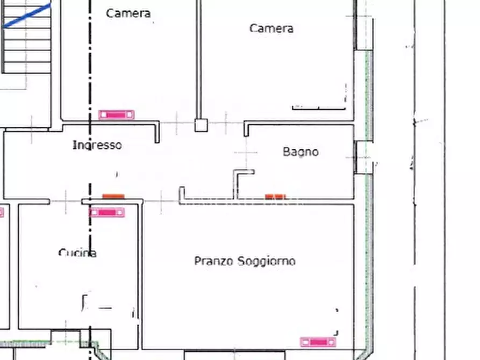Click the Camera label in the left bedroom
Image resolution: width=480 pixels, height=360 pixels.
tap(128, 13)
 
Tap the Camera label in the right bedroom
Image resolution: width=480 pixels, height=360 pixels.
tap(271, 28)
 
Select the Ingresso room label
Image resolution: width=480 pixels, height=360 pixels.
tap(97, 145)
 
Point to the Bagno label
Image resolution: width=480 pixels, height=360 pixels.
tap(300, 152)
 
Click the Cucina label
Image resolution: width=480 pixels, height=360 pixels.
tap(77, 253)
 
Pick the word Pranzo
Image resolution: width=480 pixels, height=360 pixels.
tap(214, 261)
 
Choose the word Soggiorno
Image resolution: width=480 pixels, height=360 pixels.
tap(267, 261)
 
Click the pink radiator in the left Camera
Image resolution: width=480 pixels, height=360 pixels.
tap(116, 114)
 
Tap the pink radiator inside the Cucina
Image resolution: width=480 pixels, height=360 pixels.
tap(107, 212)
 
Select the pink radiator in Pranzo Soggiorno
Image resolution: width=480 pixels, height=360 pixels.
tap(318, 342)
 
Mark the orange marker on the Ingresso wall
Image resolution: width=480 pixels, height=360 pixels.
tap(113, 196)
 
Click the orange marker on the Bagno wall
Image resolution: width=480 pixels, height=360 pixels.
tap(275, 197)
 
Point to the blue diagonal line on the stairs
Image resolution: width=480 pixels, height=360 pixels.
tap(27, 15)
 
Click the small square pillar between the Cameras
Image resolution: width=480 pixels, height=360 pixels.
tap(201, 125)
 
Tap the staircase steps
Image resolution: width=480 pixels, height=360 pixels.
tap(27, 37)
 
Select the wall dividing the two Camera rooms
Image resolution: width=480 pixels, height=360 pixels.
tap(199, 60)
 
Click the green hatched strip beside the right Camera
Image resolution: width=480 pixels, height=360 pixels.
tap(369, 96)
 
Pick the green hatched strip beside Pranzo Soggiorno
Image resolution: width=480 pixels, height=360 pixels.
tap(369, 263)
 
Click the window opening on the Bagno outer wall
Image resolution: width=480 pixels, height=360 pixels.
tap(363, 157)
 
